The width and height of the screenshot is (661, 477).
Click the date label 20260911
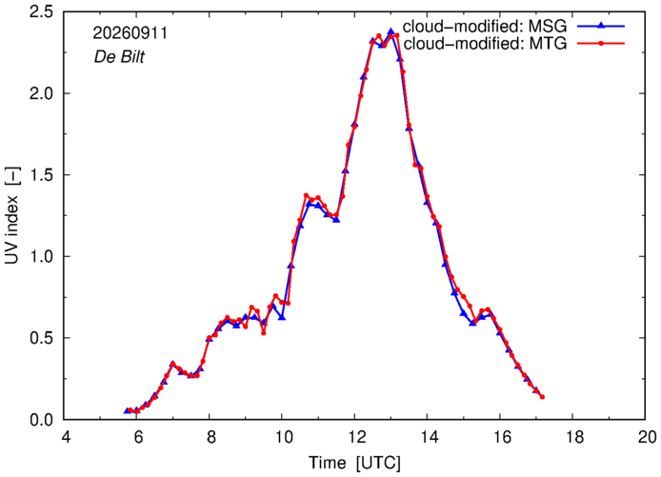[x=130, y=33]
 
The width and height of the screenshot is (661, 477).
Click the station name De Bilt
[x=119, y=56]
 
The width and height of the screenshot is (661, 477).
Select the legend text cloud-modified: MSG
[x=485, y=27]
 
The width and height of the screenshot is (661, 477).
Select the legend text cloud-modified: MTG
[x=485, y=44]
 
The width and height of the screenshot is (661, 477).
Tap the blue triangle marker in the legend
[x=601, y=26]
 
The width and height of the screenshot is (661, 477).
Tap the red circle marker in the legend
[x=601, y=43]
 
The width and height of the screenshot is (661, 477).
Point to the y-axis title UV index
[x=12, y=215]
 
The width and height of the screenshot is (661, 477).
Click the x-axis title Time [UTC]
[x=354, y=463]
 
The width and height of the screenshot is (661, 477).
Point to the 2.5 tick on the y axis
[x=42, y=11]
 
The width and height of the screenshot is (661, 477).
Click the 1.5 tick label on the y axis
[x=42, y=174]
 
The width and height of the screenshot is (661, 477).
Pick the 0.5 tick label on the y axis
[x=42, y=338]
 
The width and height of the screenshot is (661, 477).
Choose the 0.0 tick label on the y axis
[x=42, y=420]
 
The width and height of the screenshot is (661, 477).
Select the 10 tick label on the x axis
[x=284, y=437]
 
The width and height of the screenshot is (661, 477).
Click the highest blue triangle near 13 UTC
[x=391, y=31]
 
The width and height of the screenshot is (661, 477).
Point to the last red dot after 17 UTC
[x=543, y=397]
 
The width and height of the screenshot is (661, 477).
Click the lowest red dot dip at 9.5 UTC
[x=264, y=333]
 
